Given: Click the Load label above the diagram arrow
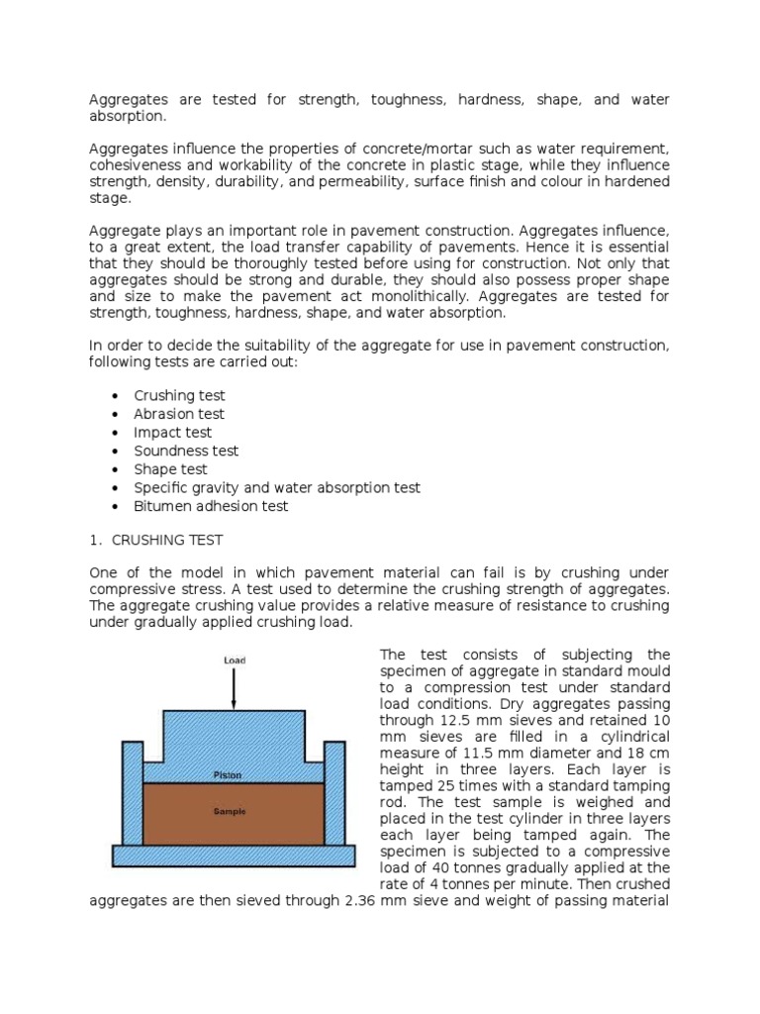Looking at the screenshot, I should (234, 660).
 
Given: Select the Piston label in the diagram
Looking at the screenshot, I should (233, 773).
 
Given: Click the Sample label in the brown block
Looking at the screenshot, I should (233, 811).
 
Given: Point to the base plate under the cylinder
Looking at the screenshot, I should (234, 854).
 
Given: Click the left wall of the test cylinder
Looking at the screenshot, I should (133, 791).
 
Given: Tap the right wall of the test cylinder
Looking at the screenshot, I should (334, 791).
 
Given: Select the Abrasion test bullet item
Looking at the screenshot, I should (179, 414).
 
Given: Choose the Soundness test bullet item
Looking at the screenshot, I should (186, 451).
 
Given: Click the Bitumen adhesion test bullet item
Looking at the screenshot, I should (211, 506).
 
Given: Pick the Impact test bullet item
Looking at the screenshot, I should (172, 433).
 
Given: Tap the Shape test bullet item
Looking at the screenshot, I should (171, 469).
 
